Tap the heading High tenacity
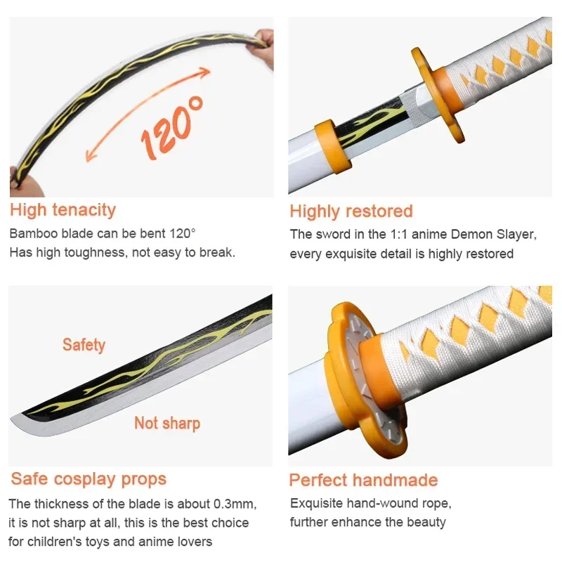click(63, 209)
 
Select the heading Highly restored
click(351, 211)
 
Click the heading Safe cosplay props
click(89, 479)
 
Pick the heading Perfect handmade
click(363, 481)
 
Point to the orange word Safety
click(84, 345)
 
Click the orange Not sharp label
click(167, 423)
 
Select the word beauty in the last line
click(426, 522)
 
